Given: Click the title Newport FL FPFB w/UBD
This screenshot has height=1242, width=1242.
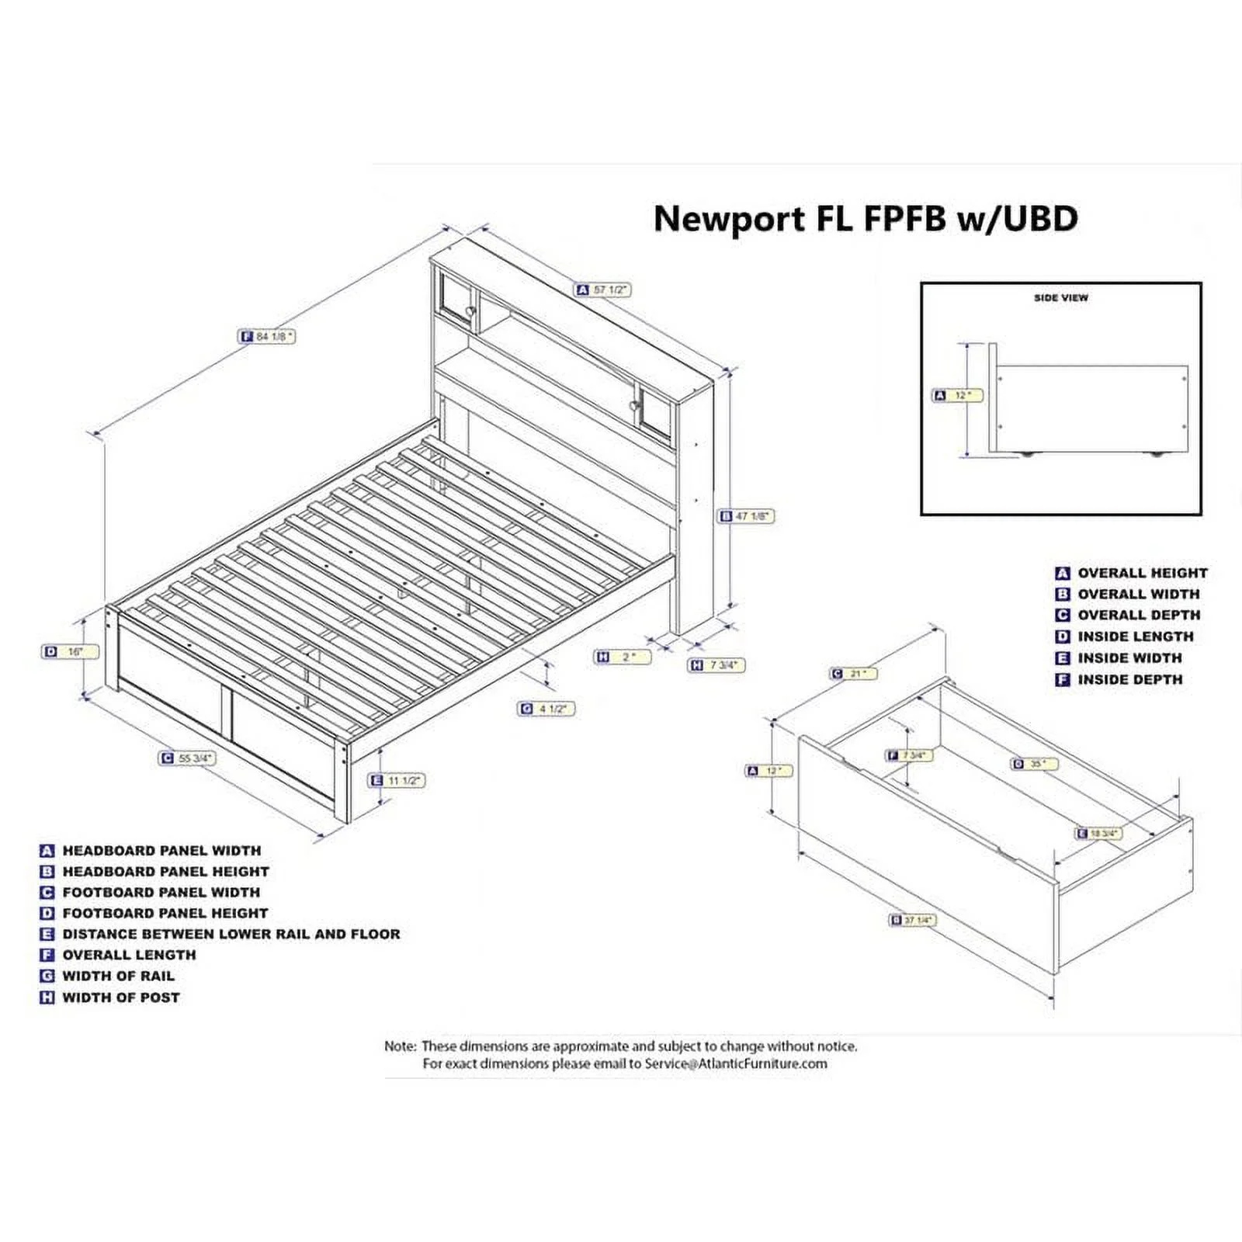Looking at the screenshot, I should tap(866, 219).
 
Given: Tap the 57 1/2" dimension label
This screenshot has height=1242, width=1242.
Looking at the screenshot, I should tap(603, 290).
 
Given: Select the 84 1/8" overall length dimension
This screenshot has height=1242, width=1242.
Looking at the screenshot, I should tap(267, 337).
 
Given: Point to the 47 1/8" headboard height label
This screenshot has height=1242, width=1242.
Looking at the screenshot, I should tap(746, 516).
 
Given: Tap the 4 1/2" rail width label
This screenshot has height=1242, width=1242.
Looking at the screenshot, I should tap(546, 709).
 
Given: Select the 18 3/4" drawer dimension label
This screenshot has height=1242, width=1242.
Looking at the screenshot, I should tap(1098, 834).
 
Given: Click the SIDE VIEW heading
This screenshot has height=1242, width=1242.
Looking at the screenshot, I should tap(1060, 297).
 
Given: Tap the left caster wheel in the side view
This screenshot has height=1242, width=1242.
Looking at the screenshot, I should tap(1027, 454).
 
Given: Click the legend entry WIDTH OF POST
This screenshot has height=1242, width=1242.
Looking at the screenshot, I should tap(120, 997).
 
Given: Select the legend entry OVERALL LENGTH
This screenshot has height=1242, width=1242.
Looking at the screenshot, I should tap(129, 955).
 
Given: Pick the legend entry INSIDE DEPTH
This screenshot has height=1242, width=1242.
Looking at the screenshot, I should tap(1129, 680).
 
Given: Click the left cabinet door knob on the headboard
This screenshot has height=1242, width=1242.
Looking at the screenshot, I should tap(470, 311).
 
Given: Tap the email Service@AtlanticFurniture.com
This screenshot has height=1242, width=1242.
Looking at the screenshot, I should tap(736, 1063).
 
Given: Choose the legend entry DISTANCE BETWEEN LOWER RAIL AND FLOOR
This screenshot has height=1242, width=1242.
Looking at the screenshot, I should tap(231, 934).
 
